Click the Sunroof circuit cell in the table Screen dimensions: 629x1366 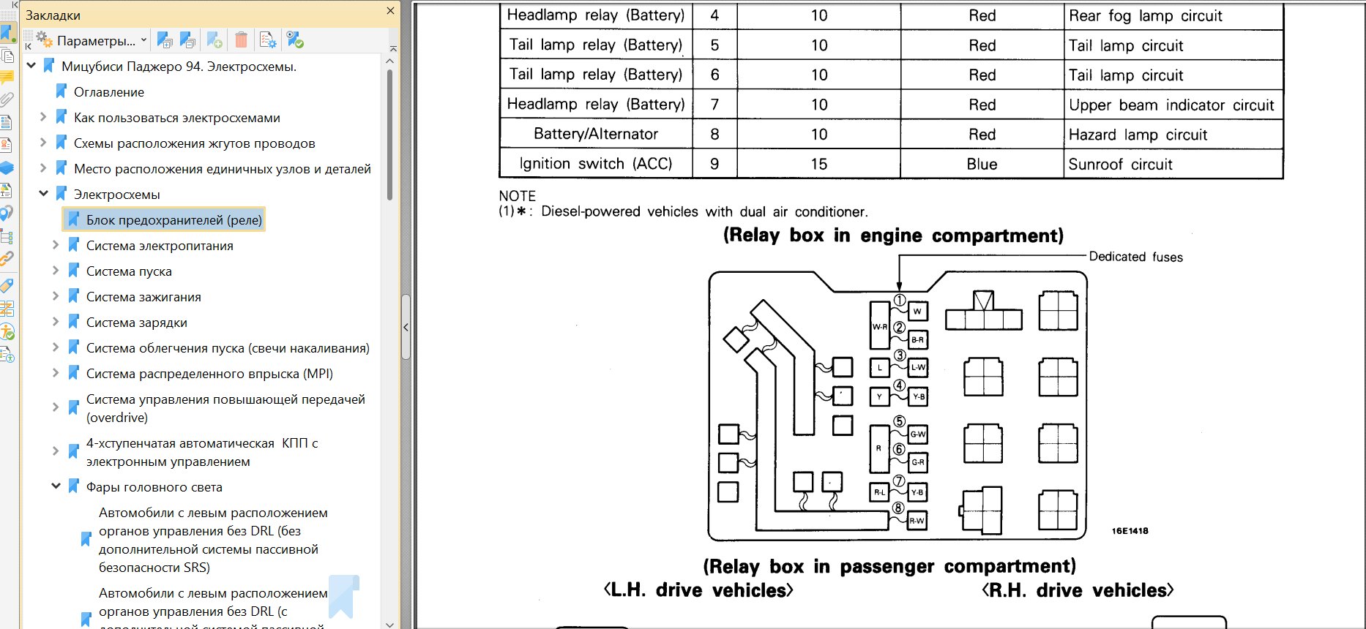1120,165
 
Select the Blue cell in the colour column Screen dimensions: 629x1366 982,165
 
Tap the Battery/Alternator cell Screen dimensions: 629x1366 596,134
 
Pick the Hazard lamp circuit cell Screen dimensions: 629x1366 1138,135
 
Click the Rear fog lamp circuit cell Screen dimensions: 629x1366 1145,16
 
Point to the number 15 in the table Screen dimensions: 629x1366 818,165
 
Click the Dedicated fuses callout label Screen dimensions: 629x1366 1135,257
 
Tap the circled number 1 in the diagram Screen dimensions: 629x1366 900,300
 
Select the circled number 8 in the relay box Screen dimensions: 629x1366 898,508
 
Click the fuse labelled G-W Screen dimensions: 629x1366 917,434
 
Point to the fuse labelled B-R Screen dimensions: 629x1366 917,340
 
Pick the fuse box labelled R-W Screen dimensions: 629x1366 917,521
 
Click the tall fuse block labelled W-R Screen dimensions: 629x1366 879,326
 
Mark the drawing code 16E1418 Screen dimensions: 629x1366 1130,531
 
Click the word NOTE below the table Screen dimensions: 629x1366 517,196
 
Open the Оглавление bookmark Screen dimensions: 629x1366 109,92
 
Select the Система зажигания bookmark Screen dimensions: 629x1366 143,297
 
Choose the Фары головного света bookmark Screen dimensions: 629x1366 154,487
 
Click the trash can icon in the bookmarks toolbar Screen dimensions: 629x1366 242,40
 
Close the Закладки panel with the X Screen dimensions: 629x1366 390,11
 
